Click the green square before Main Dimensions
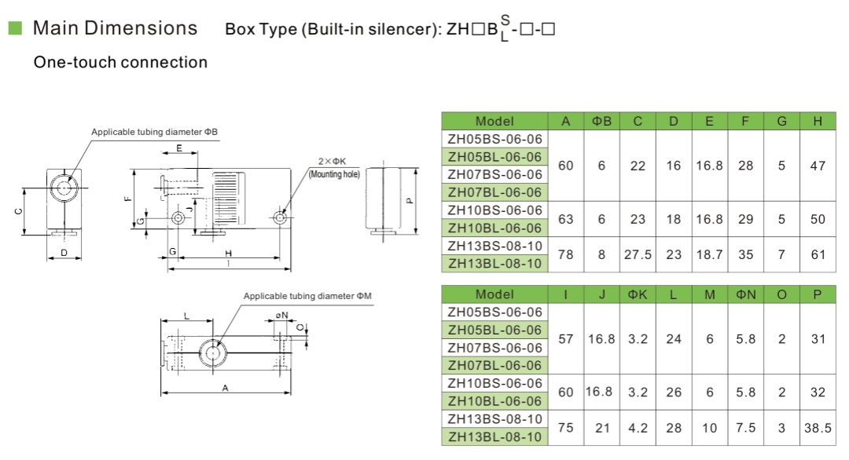coord(14,28)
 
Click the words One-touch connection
coord(120,62)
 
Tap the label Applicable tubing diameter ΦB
coord(154,132)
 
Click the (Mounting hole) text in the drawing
coord(334,173)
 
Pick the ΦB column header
coord(601,121)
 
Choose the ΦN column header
coord(746,294)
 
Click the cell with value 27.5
coord(638,254)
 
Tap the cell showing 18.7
coord(709,254)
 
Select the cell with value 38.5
coord(818,428)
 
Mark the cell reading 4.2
coord(638,428)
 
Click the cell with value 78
coord(565,254)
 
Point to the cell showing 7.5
coord(746,428)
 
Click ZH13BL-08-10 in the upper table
coord(494,264)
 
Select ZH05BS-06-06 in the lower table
coord(494,312)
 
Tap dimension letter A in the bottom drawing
coord(226,387)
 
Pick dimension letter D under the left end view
coord(64,253)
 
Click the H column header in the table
coord(818,121)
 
